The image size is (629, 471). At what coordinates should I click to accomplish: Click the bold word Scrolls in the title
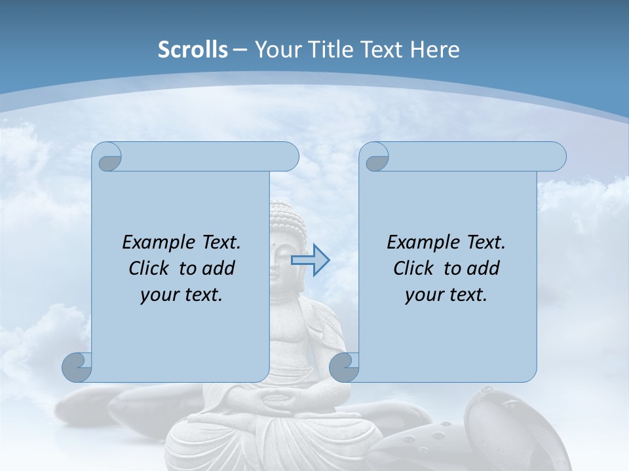click(x=193, y=50)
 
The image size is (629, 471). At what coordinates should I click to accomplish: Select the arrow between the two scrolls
click(x=310, y=260)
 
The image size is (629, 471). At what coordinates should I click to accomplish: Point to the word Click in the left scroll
click(x=149, y=268)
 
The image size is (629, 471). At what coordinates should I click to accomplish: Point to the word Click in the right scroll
click(x=413, y=268)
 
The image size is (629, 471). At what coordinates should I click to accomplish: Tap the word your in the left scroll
click(x=158, y=295)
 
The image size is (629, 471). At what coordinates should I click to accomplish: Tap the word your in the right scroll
click(x=423, y=295)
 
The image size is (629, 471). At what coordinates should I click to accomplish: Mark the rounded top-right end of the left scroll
click(x=288, y=157)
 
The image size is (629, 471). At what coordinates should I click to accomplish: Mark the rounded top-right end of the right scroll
click(x=556, y=157)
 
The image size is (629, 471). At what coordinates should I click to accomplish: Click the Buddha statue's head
click(x=287, y=229)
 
